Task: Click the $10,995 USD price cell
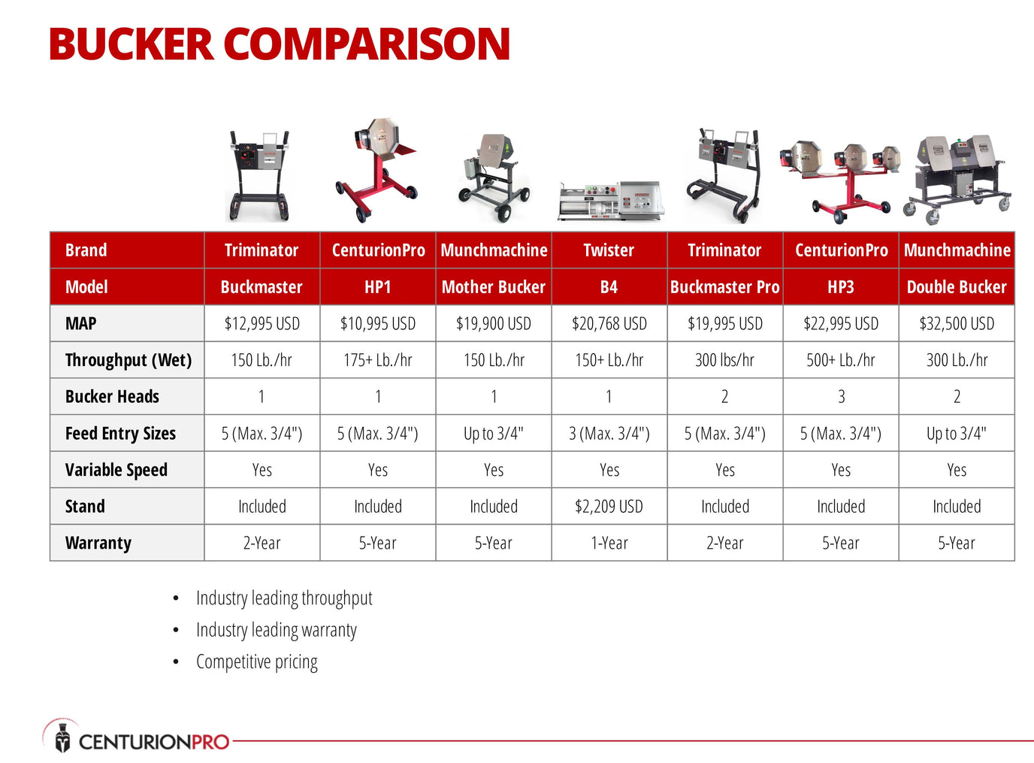[x=377, y=323]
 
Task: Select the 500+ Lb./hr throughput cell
[x=841, y=360]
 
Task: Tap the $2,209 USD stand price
[x=609, y=506]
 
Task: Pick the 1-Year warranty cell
[x=609, y=543]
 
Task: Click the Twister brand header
[x=609, y=250]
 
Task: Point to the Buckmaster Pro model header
[x=724, y=287]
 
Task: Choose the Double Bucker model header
[x=957, y=287]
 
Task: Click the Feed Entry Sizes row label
[x=120, y=433]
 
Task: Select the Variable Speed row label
[x=116, y=470]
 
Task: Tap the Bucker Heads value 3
[x=841, y=396]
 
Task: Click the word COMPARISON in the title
[x=367, y=44]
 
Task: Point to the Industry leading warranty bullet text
[x=276, y=630]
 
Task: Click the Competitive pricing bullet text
[x=257, y=662]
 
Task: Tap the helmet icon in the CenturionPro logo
[x=62, y=737]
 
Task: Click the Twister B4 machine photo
[x=611, y=201]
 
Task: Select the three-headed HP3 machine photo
[x=839, y=181]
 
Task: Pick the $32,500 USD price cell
[x=957, y=323]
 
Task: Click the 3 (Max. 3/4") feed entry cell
[x=609, y=433]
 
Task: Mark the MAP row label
[x=81, y=323]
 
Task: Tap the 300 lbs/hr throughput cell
[x=724, y=360]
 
